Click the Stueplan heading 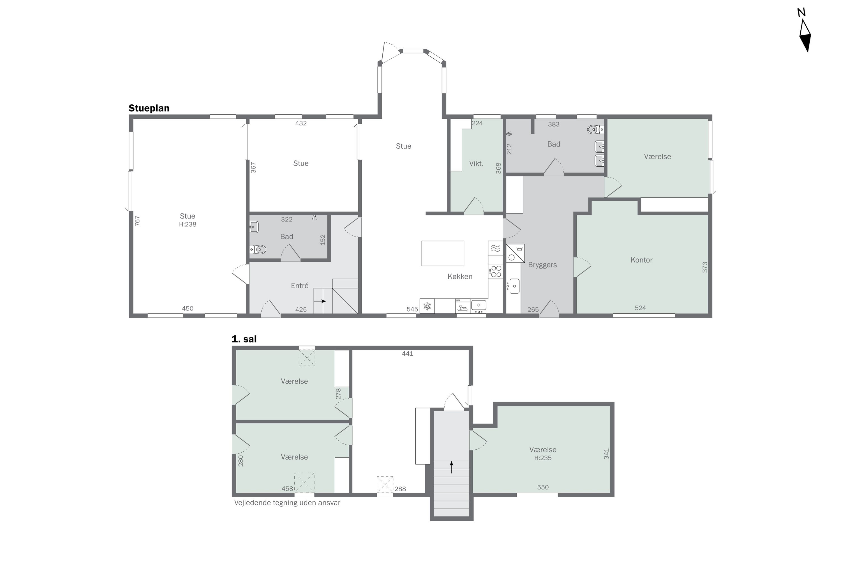(149, 108)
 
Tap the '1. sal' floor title (244, 339)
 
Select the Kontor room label (641, 260)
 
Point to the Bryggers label (542, 265)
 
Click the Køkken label (460, 276)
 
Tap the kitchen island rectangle (443, 253)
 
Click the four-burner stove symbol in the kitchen (496, 271)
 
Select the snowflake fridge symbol (427, 306)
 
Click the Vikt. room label (476, 164)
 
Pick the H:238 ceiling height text (188, 224)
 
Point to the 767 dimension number (137, 220)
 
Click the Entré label (300, 286)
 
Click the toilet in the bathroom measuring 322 (258, 249)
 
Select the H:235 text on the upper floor (543, 458)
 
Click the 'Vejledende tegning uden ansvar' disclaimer (287, 503)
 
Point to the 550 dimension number (543, 487)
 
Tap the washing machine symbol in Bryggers (515, 253)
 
